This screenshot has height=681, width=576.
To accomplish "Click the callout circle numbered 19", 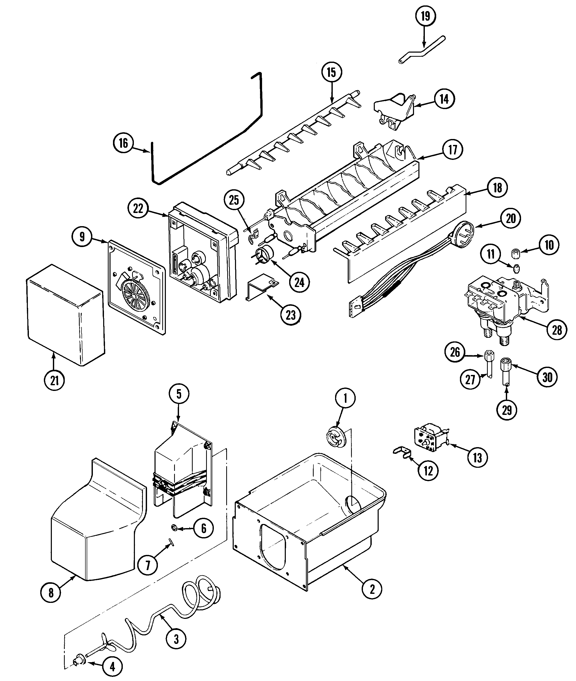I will pyautogui.click(x=425, y=16).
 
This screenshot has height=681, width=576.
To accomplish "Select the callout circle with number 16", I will pyautogui.click(x=123, y=143).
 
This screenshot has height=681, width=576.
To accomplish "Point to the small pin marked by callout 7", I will pyautogui.click(x=172, y=542).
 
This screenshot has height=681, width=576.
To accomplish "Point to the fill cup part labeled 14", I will pyautogui.click(x=393, y=109).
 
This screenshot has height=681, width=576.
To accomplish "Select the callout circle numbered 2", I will pyautogui.click(x=372, y=589).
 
